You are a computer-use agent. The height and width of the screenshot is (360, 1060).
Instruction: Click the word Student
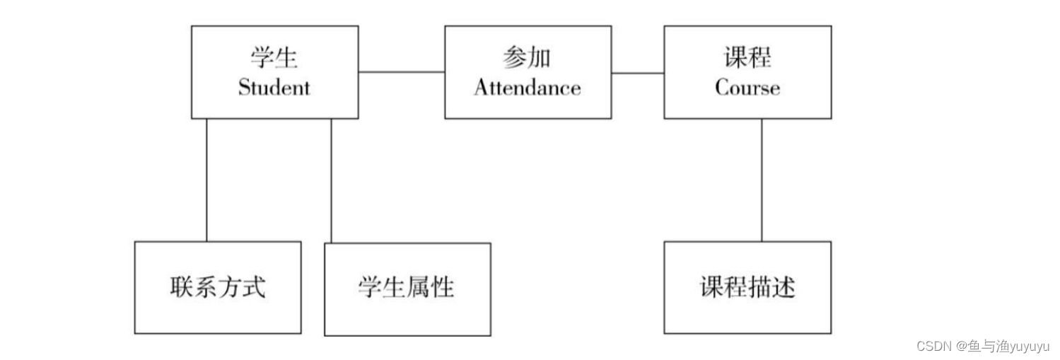pos(274,88)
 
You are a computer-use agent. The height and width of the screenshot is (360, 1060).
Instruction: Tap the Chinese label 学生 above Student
pos(274,58)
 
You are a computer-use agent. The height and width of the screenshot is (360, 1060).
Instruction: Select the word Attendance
pos(528,88)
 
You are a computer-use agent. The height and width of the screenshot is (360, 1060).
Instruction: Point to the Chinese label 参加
pos(528,58)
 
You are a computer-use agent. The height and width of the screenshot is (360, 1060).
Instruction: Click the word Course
pos(747,88)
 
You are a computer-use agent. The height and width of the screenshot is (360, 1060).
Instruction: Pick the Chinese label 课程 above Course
pos(747,58)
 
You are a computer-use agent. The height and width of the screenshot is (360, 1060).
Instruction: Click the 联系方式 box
pos(218,312)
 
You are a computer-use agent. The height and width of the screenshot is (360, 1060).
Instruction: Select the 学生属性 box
pos(407,315)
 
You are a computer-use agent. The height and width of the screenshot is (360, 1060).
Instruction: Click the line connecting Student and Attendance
pos(401,72)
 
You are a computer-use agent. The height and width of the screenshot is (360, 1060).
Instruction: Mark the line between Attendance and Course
pos(637,72)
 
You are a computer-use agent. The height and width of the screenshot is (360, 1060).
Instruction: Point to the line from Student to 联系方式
pos(207,180)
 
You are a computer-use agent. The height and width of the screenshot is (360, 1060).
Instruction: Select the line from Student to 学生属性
pos(332,180)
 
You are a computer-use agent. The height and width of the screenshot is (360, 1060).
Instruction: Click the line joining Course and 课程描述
pos(762,180)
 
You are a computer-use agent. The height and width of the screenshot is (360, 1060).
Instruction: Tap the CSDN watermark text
pos(933,346)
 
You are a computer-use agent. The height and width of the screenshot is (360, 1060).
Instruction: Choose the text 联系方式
pos(218,288)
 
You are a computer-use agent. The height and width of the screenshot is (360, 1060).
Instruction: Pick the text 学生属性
pos(407,288)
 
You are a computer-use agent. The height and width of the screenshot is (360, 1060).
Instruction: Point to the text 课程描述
pos(747,287)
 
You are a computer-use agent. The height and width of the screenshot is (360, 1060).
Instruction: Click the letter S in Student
pos(245,88)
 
